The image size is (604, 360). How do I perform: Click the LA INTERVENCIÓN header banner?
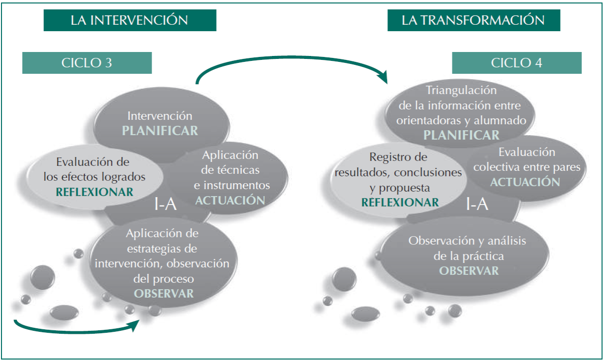click(129, 20)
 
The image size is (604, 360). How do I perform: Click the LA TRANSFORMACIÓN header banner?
click(473, 20)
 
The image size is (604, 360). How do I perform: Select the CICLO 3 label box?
click(87, 63)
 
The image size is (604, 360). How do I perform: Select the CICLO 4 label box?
click(516, 63)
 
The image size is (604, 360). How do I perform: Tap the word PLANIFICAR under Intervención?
click(160, 131)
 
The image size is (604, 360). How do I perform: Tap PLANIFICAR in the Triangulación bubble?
click(461, 135)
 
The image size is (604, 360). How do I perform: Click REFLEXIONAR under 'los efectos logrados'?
click(95, 192)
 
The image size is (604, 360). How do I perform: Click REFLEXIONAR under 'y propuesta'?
click(400, 202)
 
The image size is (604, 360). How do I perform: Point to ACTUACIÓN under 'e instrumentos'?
click(230, 200)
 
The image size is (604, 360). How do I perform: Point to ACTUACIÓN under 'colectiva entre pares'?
click(525, 182)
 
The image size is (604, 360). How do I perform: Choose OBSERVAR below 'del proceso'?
click(164, 293)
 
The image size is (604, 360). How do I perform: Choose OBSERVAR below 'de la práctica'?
click(469, 270)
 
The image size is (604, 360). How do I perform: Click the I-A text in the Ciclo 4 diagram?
click(477, 204)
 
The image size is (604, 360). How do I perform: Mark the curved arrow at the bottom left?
click(74, 328)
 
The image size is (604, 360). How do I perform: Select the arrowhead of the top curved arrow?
click(382, 77)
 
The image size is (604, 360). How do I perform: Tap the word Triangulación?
click(461, 90)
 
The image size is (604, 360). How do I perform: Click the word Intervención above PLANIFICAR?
click(160, 116)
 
